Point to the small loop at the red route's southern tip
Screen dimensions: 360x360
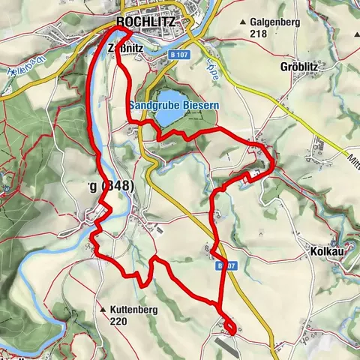tap(229, 326)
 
